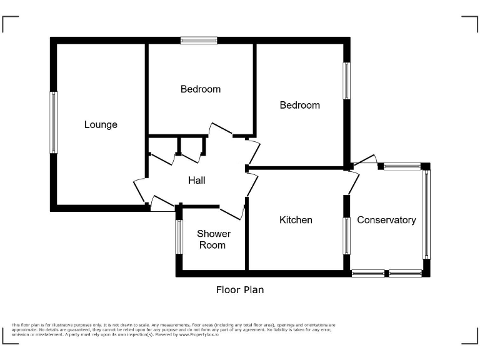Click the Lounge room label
pyautogui.click(x=101, y=124)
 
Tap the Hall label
pyautogui.click(x=197, y=180)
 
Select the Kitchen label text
pyautogui.click(x=296, y=220)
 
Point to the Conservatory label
pyautogui.click(x=386, y=220)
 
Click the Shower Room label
pyautogui.click(x=214, y=239)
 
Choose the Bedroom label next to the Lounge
pyautogui.click(x=201, y=89)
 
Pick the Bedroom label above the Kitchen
pyautogui.click(x=299, y=105)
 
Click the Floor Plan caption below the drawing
pyautogui.click(x=240, y=289)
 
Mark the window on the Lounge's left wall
pyautogui.click(x=54, y=122)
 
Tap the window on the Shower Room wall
pyautogui.click(x=179, y=237)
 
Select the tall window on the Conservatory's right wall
pyautogui.click(x=426, y=214)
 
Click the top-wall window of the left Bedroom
pyautogui.click(x=199, y=41)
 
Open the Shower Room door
pyautogui.click(x=231, y=212)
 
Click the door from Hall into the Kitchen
pyautogui.click(x=252, y=186)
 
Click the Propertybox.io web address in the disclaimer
pyautogui.click(x=199, y=334)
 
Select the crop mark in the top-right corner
pyautogui.click(x=469, y=23)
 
